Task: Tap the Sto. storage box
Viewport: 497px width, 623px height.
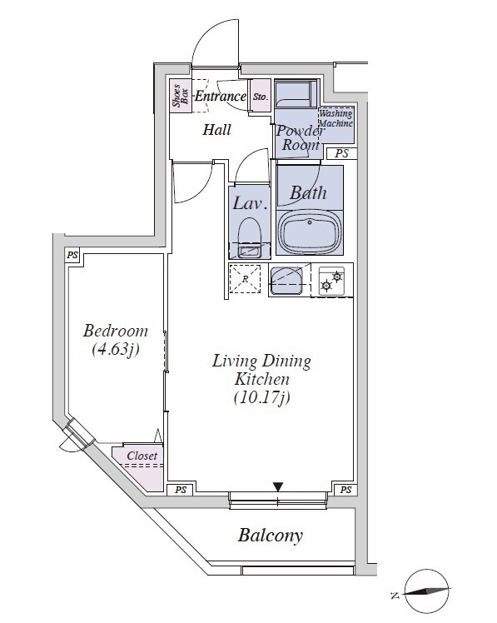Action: click(x=261, y=96)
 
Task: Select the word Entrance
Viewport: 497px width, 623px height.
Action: click(x=221, y=96)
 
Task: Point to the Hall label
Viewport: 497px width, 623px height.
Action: click(x=217, y=130)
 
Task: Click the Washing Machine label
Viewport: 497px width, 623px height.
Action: click(x=336, y=118)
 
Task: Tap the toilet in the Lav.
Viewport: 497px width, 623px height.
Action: click(x=250, y=237)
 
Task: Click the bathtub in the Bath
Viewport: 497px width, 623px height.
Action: click(x=310, y=232)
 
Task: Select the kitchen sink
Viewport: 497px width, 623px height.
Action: click(x=286, y=281)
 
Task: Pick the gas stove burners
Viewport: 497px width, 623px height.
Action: click(x=331, y=281)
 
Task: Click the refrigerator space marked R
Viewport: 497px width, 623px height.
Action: click(x=245, y=279)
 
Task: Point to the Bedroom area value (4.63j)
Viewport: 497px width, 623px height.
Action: click(x=116, y=350)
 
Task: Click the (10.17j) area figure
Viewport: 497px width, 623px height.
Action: click(x=261, y=397)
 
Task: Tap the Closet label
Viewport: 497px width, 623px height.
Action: click(x=142, y=456)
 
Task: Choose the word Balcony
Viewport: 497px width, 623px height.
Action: click(x=271, y=536)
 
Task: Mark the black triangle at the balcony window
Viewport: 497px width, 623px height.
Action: click(x=278, y=486)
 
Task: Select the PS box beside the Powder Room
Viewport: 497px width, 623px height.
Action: click(x=341, y=153)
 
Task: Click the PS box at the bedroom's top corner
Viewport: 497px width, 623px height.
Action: click(x=72, y=255)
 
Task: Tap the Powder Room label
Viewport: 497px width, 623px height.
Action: click(x=301, y=138)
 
